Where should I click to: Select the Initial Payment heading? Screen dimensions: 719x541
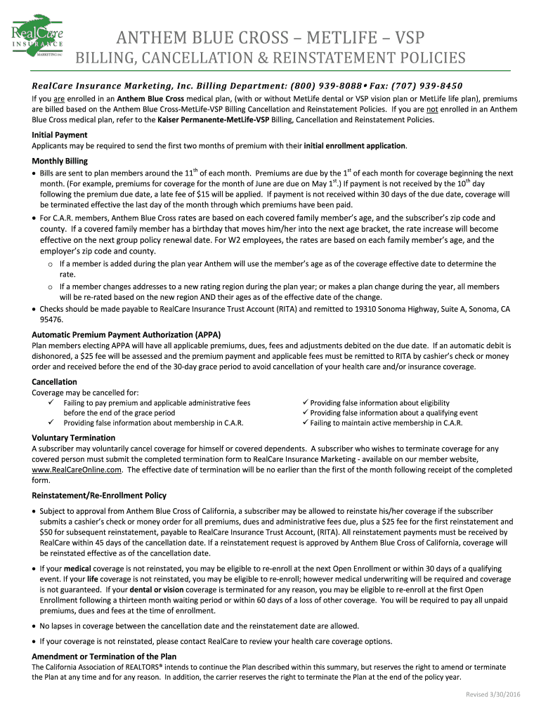pyautogui.click(x=60, y=135)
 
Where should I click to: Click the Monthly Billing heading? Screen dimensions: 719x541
pyautogui.click(x=60, y=161)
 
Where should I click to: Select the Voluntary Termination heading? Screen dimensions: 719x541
pyautogui.click(x=74, y=437)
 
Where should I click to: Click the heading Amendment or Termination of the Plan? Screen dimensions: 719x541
pyautogui.click(x=104, y=656)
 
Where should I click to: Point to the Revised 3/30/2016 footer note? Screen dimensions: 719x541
pyautogui.click(x=493, y=694)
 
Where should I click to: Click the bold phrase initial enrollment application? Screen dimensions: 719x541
pyautogui.click(x=355, y=145)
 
